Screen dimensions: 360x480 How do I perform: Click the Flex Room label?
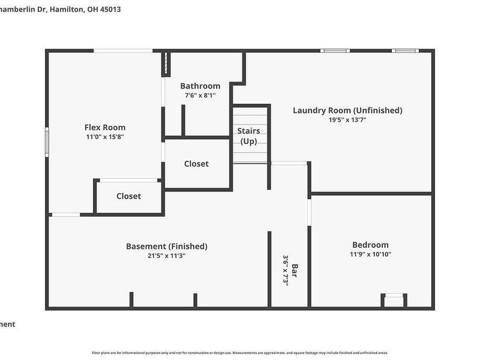point(105,127)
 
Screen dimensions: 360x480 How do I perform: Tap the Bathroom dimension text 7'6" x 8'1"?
point(200,95)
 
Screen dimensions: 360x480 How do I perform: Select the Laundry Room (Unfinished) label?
point(347,110)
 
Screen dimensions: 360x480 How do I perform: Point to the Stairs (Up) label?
point(248,136)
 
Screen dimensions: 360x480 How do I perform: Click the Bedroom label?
point(370,245)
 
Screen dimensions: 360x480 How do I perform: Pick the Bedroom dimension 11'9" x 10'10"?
point(370,254)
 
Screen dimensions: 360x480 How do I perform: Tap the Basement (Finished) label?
point(167,246)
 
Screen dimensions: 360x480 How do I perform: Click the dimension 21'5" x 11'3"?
point(167,256)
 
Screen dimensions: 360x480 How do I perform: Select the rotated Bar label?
point(295,271)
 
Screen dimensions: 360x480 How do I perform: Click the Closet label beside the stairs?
point(196,164)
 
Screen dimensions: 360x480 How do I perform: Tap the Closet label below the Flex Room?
point(128,196)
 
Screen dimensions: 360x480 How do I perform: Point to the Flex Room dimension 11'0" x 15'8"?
point(105,137)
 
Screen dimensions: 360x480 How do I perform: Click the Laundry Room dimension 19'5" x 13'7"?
point(347,120)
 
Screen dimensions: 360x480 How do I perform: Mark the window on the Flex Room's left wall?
point(47,142)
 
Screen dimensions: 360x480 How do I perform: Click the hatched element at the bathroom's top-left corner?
point(166,64)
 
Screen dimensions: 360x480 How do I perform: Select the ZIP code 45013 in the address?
point(110,10)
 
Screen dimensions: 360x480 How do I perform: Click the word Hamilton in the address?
point(64,10)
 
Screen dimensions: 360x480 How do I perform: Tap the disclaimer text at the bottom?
point(240,353)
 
